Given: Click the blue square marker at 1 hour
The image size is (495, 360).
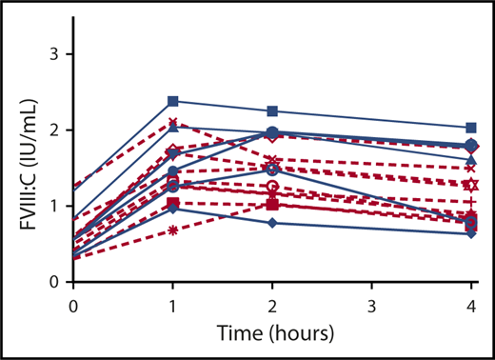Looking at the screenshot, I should tap(172, 101).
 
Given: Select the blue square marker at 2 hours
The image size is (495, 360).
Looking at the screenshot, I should tap(272, 111).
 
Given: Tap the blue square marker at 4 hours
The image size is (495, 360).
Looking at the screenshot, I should tap(472, 128).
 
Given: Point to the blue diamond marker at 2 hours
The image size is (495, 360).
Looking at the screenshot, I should tap(272, 223).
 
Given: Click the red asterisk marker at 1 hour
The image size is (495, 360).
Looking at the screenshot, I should tap(172, 231).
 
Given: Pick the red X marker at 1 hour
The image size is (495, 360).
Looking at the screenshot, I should tap(172, 122).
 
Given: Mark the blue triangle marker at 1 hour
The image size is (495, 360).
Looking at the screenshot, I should tap(172, 128).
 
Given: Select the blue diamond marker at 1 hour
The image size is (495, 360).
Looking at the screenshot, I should tap(172, 209).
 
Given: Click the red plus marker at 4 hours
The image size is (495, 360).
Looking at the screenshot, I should tap(472, 202).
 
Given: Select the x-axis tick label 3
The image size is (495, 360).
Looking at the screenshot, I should tap(372, 304).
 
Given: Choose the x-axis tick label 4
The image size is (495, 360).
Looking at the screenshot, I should tap(472, 304).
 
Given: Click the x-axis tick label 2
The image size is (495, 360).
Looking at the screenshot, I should tap(272, 304).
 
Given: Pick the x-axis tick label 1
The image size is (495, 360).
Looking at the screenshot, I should tap(172, 304).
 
